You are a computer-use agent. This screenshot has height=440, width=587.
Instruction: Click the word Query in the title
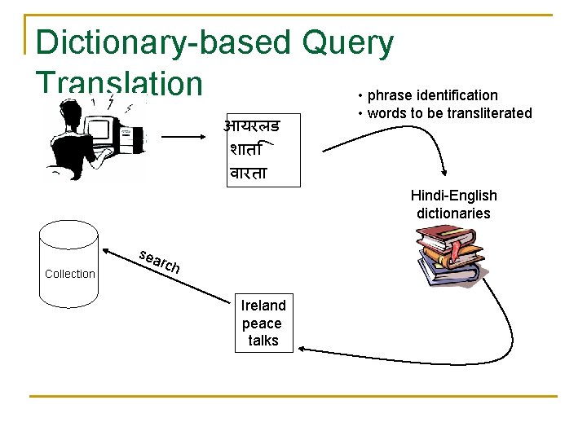tap(347, 43)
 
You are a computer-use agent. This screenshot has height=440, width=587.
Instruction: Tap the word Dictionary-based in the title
tap(163, 43)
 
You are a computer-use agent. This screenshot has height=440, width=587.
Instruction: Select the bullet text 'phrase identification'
tap(432, 95)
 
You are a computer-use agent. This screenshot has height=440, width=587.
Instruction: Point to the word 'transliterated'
tap(489, 113)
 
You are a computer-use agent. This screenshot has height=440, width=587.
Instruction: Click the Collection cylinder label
tap(70, 274)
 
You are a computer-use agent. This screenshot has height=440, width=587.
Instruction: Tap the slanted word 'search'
tap(158, 260)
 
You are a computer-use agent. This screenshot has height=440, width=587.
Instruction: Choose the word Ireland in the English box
tap(263, 306)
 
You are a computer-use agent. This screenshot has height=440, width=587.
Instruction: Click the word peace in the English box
tap(262, 323)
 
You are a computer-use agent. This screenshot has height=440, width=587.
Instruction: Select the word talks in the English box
tap(263, 341)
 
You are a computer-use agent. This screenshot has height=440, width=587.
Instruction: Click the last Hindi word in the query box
tap(249, 173)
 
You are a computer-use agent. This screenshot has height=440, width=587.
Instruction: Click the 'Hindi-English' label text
tap(453, 196)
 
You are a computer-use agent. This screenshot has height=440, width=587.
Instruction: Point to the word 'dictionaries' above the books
tap(453, 213)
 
